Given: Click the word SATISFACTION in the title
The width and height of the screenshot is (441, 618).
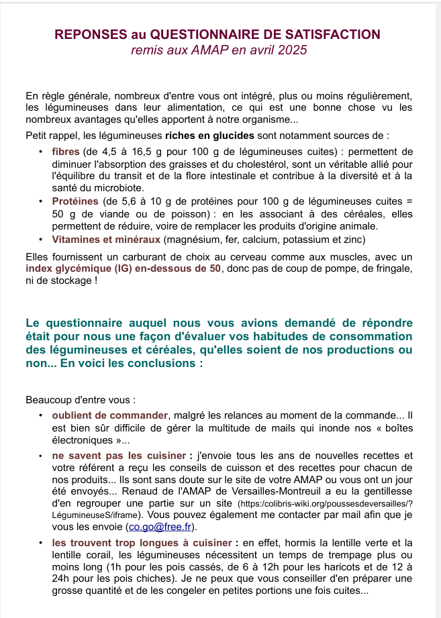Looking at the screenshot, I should (338, 34).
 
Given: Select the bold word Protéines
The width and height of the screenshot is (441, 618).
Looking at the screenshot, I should (76, 201).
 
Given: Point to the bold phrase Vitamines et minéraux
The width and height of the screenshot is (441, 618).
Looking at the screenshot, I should (106, 240).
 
